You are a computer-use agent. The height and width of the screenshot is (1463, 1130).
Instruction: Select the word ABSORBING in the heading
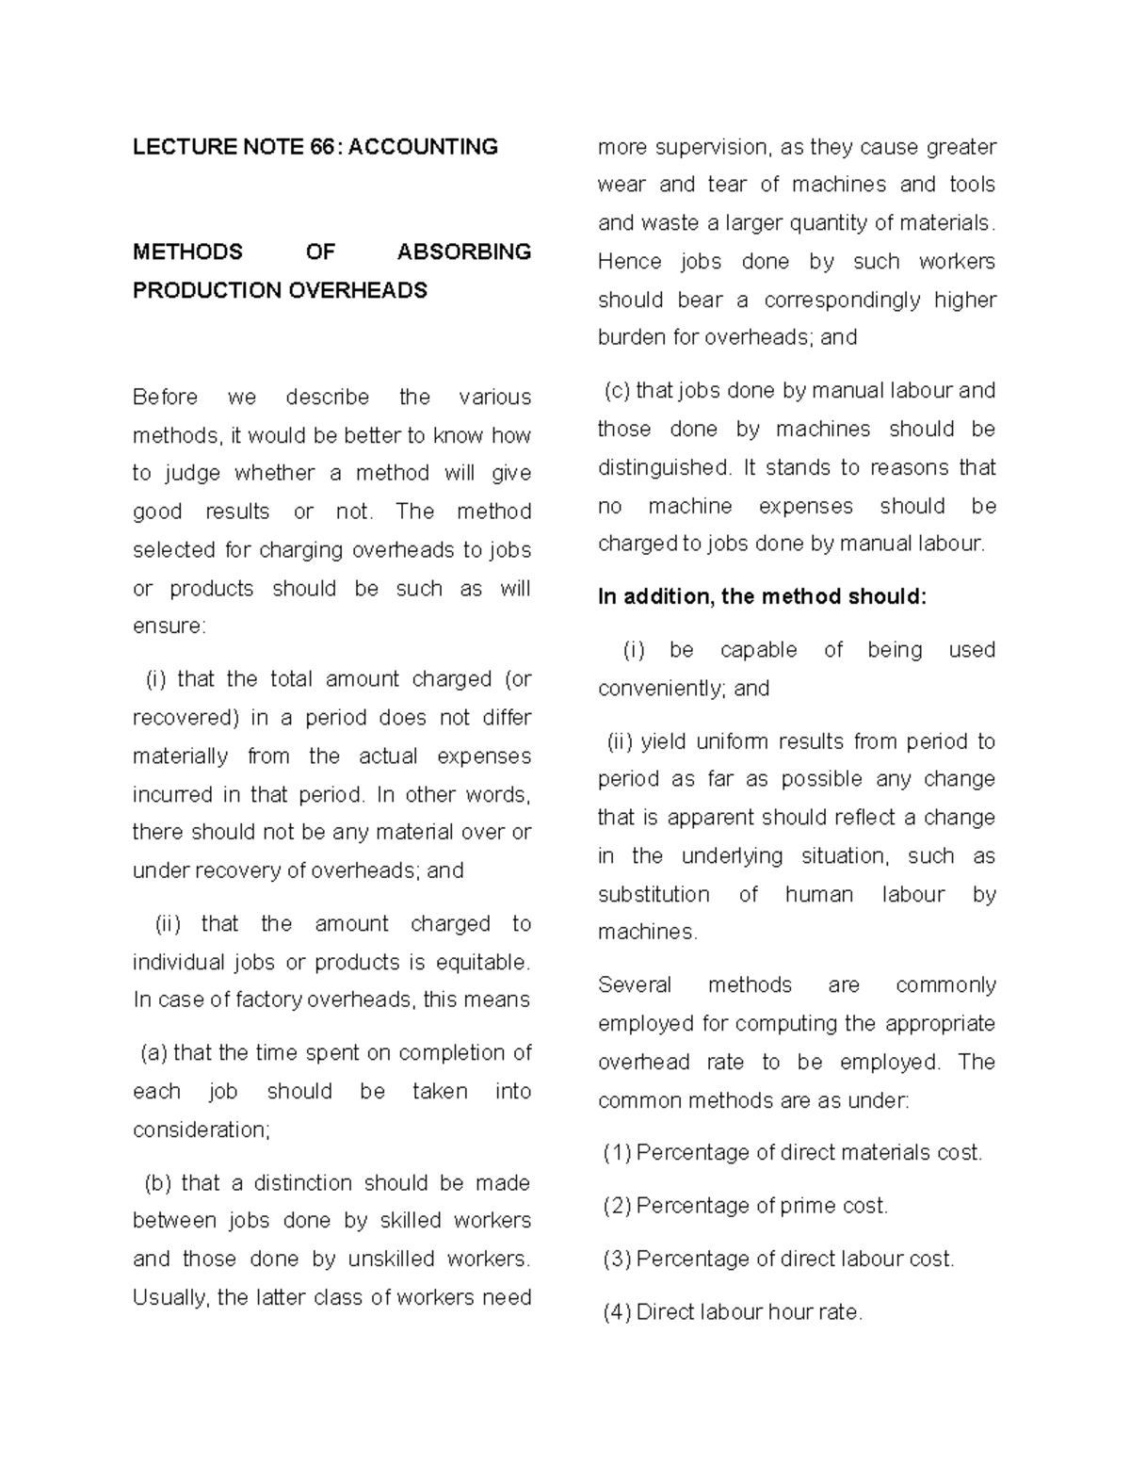point(463,252)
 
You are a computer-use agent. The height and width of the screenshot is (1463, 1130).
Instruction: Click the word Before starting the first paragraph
point(165,398)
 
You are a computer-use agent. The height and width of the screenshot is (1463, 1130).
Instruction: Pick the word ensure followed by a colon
point(167,626)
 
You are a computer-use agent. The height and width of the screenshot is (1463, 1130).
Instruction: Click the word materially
point(180,756)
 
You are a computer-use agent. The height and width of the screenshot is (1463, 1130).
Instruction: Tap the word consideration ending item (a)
point(200,1130)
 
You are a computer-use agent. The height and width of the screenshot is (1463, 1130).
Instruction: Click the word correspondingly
point(842,300)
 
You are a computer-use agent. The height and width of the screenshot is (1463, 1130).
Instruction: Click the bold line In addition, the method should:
point(762,596)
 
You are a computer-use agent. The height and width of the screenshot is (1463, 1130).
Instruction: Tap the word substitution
point(654,894)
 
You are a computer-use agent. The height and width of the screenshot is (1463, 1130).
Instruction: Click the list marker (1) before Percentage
point(617,1153)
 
